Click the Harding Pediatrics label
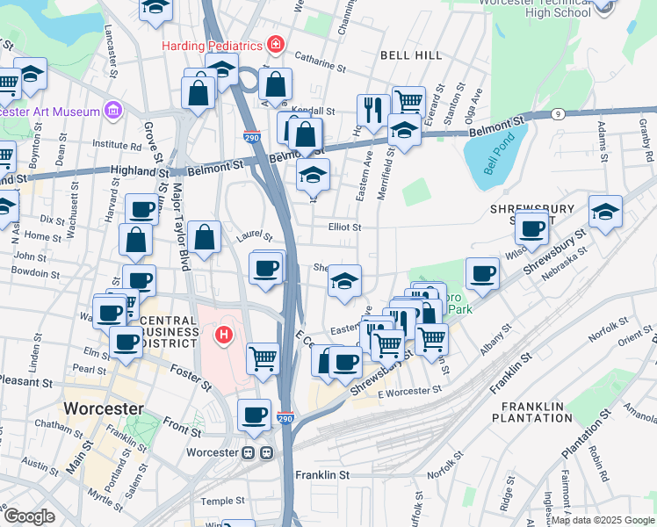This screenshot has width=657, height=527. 213,45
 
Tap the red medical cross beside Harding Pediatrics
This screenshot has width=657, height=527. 276,44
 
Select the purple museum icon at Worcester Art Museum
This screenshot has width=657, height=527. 112,110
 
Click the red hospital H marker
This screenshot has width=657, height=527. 224,335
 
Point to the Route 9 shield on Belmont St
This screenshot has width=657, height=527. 557,113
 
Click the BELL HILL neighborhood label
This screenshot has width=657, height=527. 411,55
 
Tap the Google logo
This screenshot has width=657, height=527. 29,516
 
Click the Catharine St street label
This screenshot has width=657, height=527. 321,63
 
